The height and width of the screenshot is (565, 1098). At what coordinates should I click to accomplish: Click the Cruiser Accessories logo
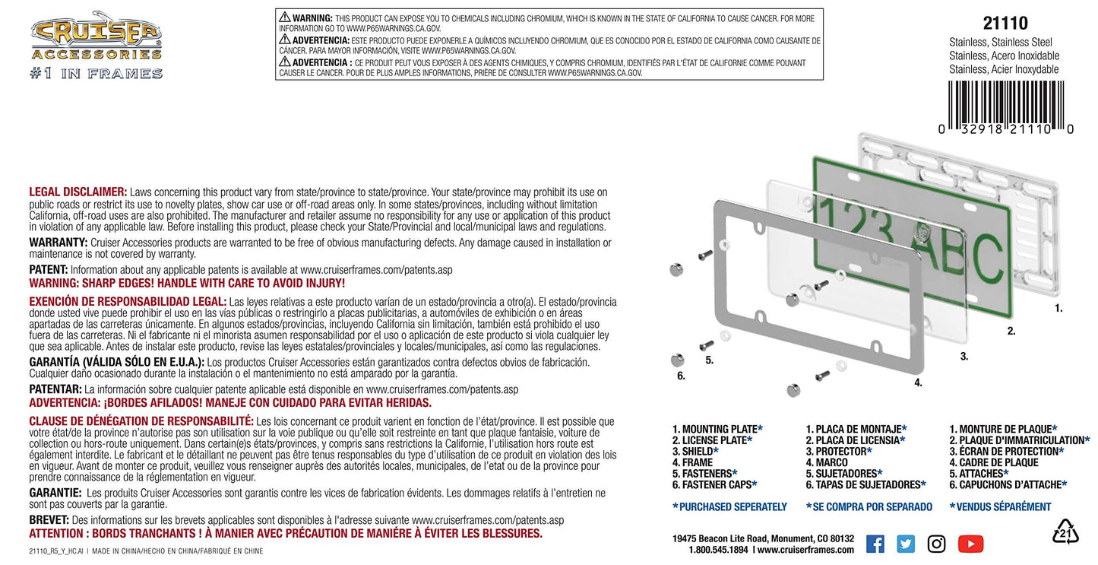click(x=96, y=45)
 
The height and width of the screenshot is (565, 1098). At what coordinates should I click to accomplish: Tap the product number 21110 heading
click(x=1005, y=23)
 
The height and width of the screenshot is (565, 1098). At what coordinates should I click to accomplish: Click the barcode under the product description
click(x=1006, y=108)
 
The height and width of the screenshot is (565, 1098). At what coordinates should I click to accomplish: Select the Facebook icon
click(x=875, y=544)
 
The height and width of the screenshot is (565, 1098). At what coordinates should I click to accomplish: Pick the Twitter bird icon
click(x=905, y=544)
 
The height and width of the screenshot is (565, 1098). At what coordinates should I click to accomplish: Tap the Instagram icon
click(x=936, y=544)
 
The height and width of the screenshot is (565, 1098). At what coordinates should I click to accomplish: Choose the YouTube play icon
click(x=970, y=544)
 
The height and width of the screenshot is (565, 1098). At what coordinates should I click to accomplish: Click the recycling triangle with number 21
click(x=1065, y=532)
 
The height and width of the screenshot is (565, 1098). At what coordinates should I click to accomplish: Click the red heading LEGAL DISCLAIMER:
click(x=78, y=192)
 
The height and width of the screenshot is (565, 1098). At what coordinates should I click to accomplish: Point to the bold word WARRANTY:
click(x=59, y=243)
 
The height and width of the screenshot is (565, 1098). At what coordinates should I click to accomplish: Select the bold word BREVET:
click(x=49, y=520)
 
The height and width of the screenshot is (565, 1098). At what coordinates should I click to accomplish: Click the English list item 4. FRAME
click(x=693, y=462)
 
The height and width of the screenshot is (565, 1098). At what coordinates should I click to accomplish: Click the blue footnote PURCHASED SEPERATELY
click(x=730, y=506)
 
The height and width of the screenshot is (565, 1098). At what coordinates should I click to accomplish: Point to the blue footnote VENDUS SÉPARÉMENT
click(x=1001, y=506)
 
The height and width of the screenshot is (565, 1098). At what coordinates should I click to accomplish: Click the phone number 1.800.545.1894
click(x=718, y=550)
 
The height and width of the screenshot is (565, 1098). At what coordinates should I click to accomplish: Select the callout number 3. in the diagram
click(x=964, y=357)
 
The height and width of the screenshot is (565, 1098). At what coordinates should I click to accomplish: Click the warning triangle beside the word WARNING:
click(x=285, y=17)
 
